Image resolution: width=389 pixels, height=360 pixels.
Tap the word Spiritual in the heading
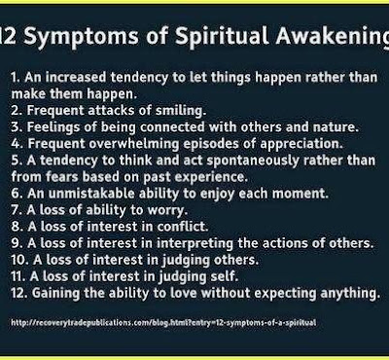(222, 36)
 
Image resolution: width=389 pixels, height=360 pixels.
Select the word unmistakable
(91, 194)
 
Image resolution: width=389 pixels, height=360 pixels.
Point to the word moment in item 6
(301, 194)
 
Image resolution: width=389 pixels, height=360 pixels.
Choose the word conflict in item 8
(183, 227)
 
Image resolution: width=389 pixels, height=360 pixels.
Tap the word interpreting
(194, 243)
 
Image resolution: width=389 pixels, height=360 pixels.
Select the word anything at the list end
(350, 294)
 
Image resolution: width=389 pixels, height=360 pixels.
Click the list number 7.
(17, 210)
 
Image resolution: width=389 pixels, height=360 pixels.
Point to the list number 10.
(19, 260)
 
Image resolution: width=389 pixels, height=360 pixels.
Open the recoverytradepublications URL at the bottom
(163, 323)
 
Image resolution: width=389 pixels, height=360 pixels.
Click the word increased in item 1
(76, 78)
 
